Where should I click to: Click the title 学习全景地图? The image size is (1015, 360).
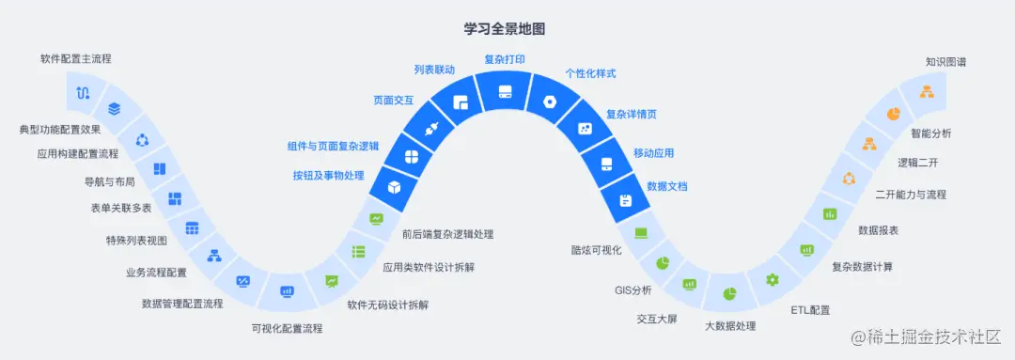tap(505, 29)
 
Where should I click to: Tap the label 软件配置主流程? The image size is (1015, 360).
tap(75, 58)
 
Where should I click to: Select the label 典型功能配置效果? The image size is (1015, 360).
tap(60, 129)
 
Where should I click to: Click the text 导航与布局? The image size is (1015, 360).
tap(109, 181)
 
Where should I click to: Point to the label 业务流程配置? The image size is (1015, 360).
tap(156, 273)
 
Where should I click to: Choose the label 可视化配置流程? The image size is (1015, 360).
tap(287, 329)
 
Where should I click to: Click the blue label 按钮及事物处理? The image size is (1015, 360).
tap(328, 176)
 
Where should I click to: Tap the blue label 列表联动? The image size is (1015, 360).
tap(434, 70)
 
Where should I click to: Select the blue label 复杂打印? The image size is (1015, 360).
tap(505, 59)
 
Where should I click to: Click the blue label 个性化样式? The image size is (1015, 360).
tap(590, 73)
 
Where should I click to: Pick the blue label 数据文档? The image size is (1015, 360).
tap(666, 186)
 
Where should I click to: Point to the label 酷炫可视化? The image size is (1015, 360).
tap(597, 250)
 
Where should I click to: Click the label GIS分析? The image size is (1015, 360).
tap(633, 290)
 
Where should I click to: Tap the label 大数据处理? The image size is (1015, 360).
tap(730, 326)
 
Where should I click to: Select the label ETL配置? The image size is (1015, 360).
tap(809, 309)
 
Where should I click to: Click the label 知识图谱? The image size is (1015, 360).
tap(945, 62)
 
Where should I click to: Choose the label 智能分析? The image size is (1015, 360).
tap(930, 133)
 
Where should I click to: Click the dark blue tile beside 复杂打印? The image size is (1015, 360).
tap(505, 91)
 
